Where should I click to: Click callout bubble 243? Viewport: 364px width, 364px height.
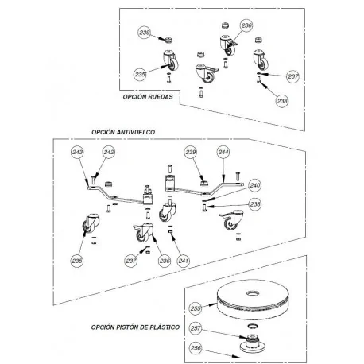[78, 152]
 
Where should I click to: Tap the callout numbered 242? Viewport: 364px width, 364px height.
[109, 152]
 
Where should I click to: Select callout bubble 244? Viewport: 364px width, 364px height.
[223, 152]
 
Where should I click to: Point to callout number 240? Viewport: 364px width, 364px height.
[255, 185]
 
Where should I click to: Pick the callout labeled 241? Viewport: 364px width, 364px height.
[184, 261]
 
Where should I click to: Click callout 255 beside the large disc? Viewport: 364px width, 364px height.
[196, 308]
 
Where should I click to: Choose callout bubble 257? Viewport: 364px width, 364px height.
[196, 328]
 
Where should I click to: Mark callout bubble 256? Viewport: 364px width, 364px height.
[196, 348]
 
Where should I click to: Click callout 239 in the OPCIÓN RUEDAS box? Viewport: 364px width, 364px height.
[145, 33]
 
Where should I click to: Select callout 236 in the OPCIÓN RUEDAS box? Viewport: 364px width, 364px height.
[246, 25]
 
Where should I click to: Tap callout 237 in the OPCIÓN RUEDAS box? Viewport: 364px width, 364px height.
[293, 76]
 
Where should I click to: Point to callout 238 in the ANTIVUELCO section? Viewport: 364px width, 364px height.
[255, 204]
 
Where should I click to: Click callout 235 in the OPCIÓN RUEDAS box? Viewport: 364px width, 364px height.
[140, 75]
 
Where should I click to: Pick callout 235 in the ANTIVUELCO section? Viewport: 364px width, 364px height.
[77, 261]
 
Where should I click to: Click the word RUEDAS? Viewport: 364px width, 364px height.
[161, 97]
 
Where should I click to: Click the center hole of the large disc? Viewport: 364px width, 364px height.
[254, 293]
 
